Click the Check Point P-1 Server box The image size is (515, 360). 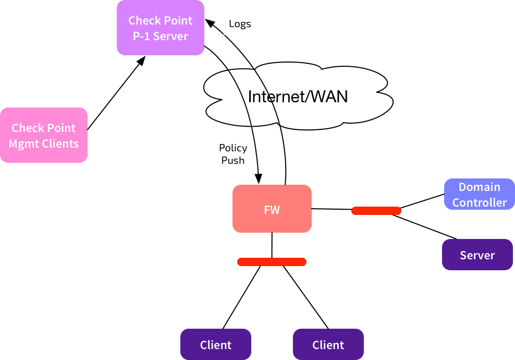tap(161, 28)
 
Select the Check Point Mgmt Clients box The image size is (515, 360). tap(44, 135)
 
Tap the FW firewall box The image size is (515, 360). tap(272, 209)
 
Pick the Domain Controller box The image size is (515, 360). tap(480, 194)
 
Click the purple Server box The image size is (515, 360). tap(477, 255)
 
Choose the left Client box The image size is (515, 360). tap(216, 344)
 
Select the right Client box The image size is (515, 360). tap(328, 344)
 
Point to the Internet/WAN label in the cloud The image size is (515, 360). tap(298, 97)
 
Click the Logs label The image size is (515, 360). tap(240, 23)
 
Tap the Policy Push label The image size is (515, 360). tap(233, 154)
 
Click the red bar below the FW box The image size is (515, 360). tap(272, 262)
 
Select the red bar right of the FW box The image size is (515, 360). tap(376, 211)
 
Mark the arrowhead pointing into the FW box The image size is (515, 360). tap(259, 179)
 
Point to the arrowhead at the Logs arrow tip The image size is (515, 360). tap(210, 23)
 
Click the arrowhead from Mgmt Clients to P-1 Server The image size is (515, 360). tap(142, 61)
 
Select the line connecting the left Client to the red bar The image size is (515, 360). tap(242, 297)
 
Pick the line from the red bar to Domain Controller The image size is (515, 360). tap(422, 201)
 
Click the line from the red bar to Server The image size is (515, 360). tap(424, 227)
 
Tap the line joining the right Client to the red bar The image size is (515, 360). tap(306, 297)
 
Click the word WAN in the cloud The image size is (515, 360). tap(329, 97)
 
